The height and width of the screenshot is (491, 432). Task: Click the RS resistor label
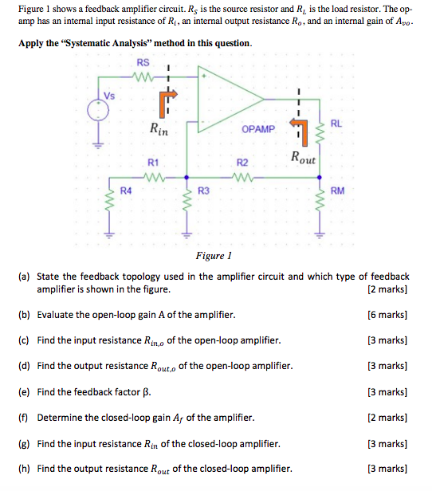(143, 62)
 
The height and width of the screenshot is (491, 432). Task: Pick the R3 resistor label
(203, 191)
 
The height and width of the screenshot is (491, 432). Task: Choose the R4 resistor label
(125, 191)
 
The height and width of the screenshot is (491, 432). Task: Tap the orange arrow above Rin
(166, 99)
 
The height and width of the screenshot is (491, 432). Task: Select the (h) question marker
(24, 469)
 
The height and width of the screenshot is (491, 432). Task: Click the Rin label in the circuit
(158, 127)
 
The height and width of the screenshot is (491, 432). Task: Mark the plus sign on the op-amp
(205, 77)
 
